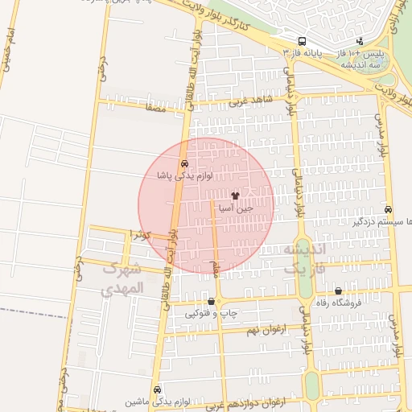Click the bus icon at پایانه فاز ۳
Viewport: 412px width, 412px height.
[x=302, y=41]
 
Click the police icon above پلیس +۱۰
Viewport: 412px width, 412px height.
[x=360, y=41]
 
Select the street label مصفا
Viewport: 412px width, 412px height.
[x=156, y=106]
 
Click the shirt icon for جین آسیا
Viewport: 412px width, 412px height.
[x=235, y=196]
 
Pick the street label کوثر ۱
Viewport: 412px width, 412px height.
[x=141, y=234]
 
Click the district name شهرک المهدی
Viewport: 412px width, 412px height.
[x=123, y=278]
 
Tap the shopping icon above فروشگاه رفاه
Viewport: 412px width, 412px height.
[x=337, y=291]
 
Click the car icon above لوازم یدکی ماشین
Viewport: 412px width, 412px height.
[x=157, y=389]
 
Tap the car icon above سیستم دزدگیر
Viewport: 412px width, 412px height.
[x=389, y=208]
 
